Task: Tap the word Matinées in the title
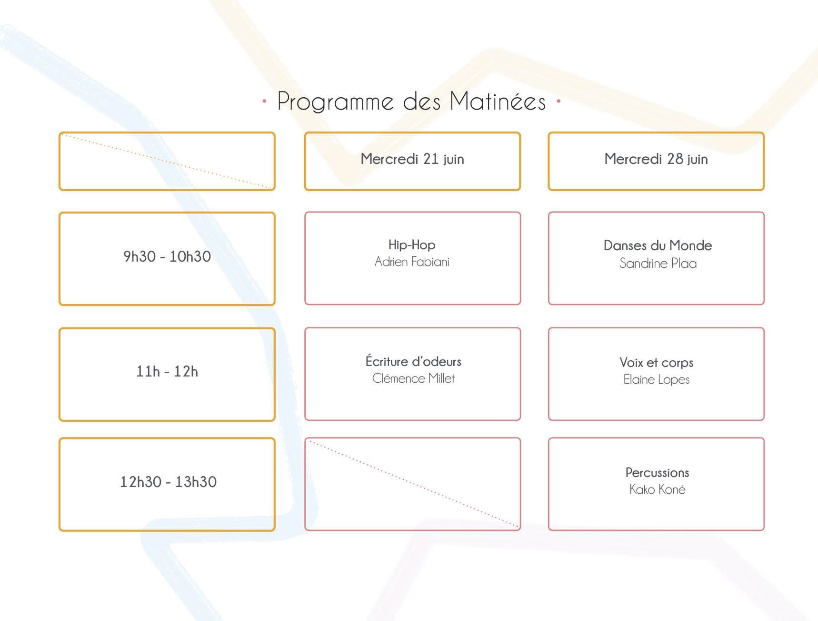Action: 498,101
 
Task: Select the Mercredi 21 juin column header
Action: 412,159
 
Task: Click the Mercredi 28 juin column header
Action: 656,159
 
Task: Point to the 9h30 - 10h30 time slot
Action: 167,256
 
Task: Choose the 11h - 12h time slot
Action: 167,371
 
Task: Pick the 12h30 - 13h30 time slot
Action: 168,482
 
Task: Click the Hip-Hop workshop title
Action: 412,245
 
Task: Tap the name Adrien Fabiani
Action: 412,262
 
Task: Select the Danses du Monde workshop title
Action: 658,245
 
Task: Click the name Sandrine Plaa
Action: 658,263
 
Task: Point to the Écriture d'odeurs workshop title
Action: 413,361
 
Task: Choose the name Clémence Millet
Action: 413,378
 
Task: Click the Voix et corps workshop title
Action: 656,363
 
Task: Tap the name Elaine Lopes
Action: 656,379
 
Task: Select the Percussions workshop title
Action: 657,473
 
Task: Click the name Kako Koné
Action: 657,489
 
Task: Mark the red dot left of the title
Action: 264,101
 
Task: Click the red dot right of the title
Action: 559,101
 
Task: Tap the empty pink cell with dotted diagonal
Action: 412,484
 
